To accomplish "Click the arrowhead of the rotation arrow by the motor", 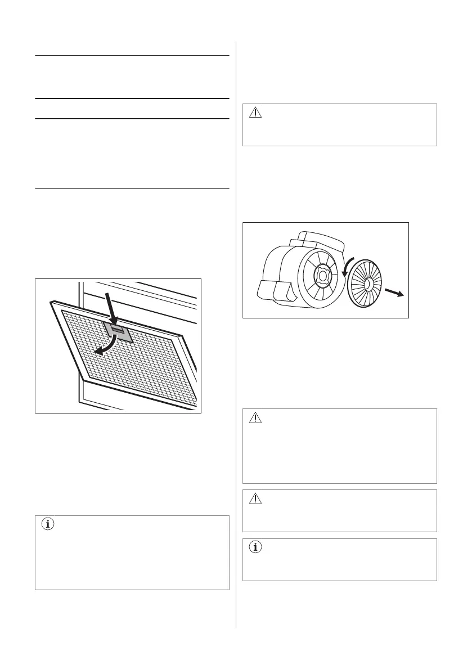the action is pos(343,275).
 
